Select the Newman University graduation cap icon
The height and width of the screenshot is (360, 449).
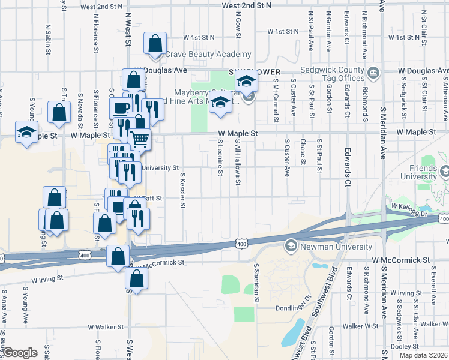click(291, 245)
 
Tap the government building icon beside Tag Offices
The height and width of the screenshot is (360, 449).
click(373, 73)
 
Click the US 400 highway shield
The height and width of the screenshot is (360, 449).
click(241, 244)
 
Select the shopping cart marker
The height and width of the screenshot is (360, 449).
click(140, 139)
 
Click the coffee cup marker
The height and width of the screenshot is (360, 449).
click(120, 108)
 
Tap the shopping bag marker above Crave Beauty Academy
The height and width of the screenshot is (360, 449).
click(155, 43)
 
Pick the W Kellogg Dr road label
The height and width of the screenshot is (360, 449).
click(412, 210)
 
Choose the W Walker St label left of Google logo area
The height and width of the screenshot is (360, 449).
click(105, 328)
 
